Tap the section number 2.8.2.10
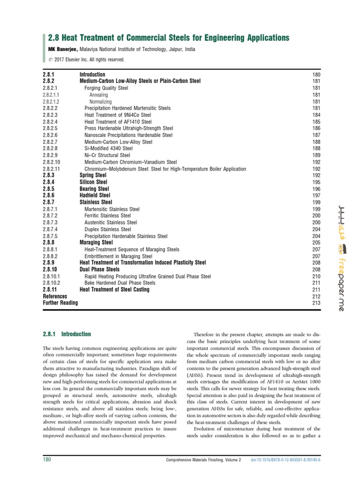pos(55,162)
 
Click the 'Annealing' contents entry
pos(99,95)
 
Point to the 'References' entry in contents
pos(55,297)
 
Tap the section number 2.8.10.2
pos(55,283)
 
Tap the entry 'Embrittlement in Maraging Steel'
pos(119,256)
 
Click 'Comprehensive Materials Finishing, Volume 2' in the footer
pos(203,460)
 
